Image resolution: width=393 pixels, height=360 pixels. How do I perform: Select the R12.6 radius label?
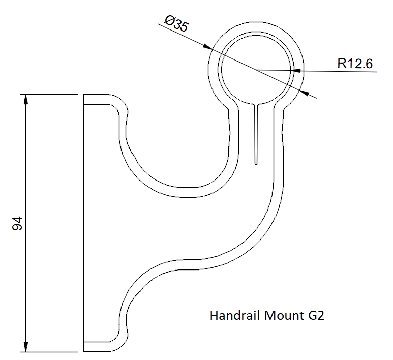tap(355, 64)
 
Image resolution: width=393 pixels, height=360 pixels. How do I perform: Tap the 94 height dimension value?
tap(18, 223)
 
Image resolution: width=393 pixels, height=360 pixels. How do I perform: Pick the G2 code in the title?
tap(316, 316)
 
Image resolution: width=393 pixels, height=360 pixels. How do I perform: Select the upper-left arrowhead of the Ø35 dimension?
tap(207, 47)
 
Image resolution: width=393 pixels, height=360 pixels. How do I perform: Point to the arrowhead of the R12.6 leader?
tap(299, 71)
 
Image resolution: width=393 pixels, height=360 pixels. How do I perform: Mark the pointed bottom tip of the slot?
tap(257, 164)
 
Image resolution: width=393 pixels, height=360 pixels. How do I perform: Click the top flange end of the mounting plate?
tap(97, 100)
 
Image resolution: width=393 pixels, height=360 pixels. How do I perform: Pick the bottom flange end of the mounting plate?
tap(97, 346)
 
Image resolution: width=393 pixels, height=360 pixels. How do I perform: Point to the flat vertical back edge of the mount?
tap(83, 224)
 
